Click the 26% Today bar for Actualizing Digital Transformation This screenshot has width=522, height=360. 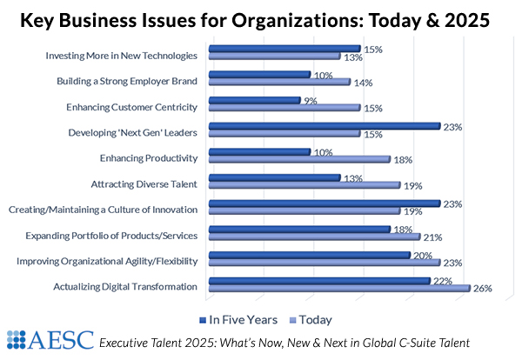pos(339,288)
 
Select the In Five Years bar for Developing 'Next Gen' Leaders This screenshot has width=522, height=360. pos(325,125)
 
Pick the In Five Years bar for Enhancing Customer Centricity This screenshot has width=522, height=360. pos(255,100)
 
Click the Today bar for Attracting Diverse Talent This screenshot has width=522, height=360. pos(304,184)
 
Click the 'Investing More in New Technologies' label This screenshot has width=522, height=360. pos(121,57)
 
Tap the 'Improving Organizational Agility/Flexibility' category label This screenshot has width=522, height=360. pos(103,261)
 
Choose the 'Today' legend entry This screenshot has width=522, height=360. pos(311,319)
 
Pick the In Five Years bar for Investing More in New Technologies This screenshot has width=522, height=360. pos(284,49)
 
